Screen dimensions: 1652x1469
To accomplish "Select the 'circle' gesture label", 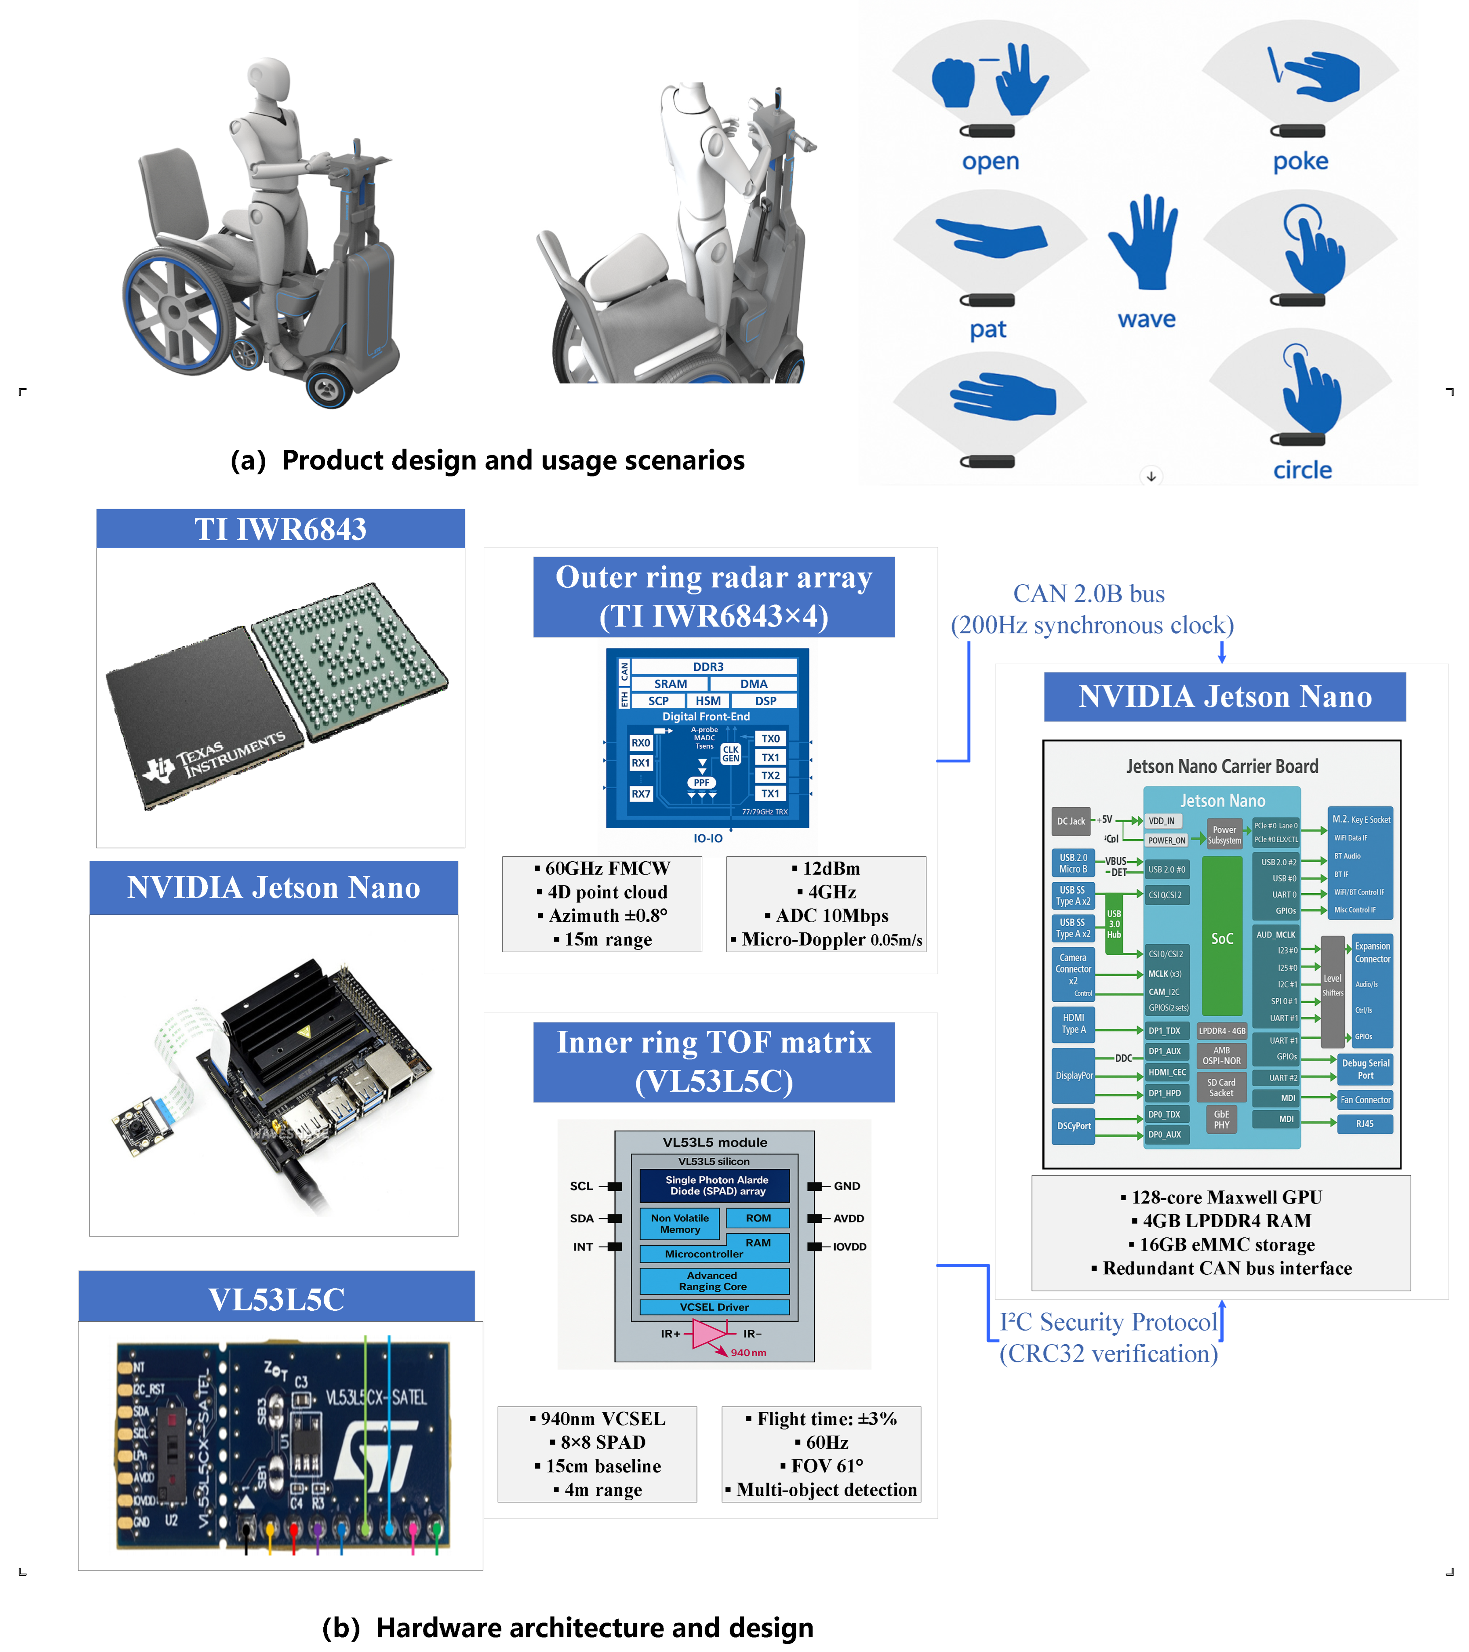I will pos(1302,470).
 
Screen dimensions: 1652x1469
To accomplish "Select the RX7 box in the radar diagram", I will pos(640,794).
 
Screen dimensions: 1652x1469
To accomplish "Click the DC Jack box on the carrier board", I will pos(1070,821).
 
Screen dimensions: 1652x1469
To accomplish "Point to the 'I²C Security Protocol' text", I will pos(1108,1322).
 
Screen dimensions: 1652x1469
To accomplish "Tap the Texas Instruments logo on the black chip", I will pos(214,756).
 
